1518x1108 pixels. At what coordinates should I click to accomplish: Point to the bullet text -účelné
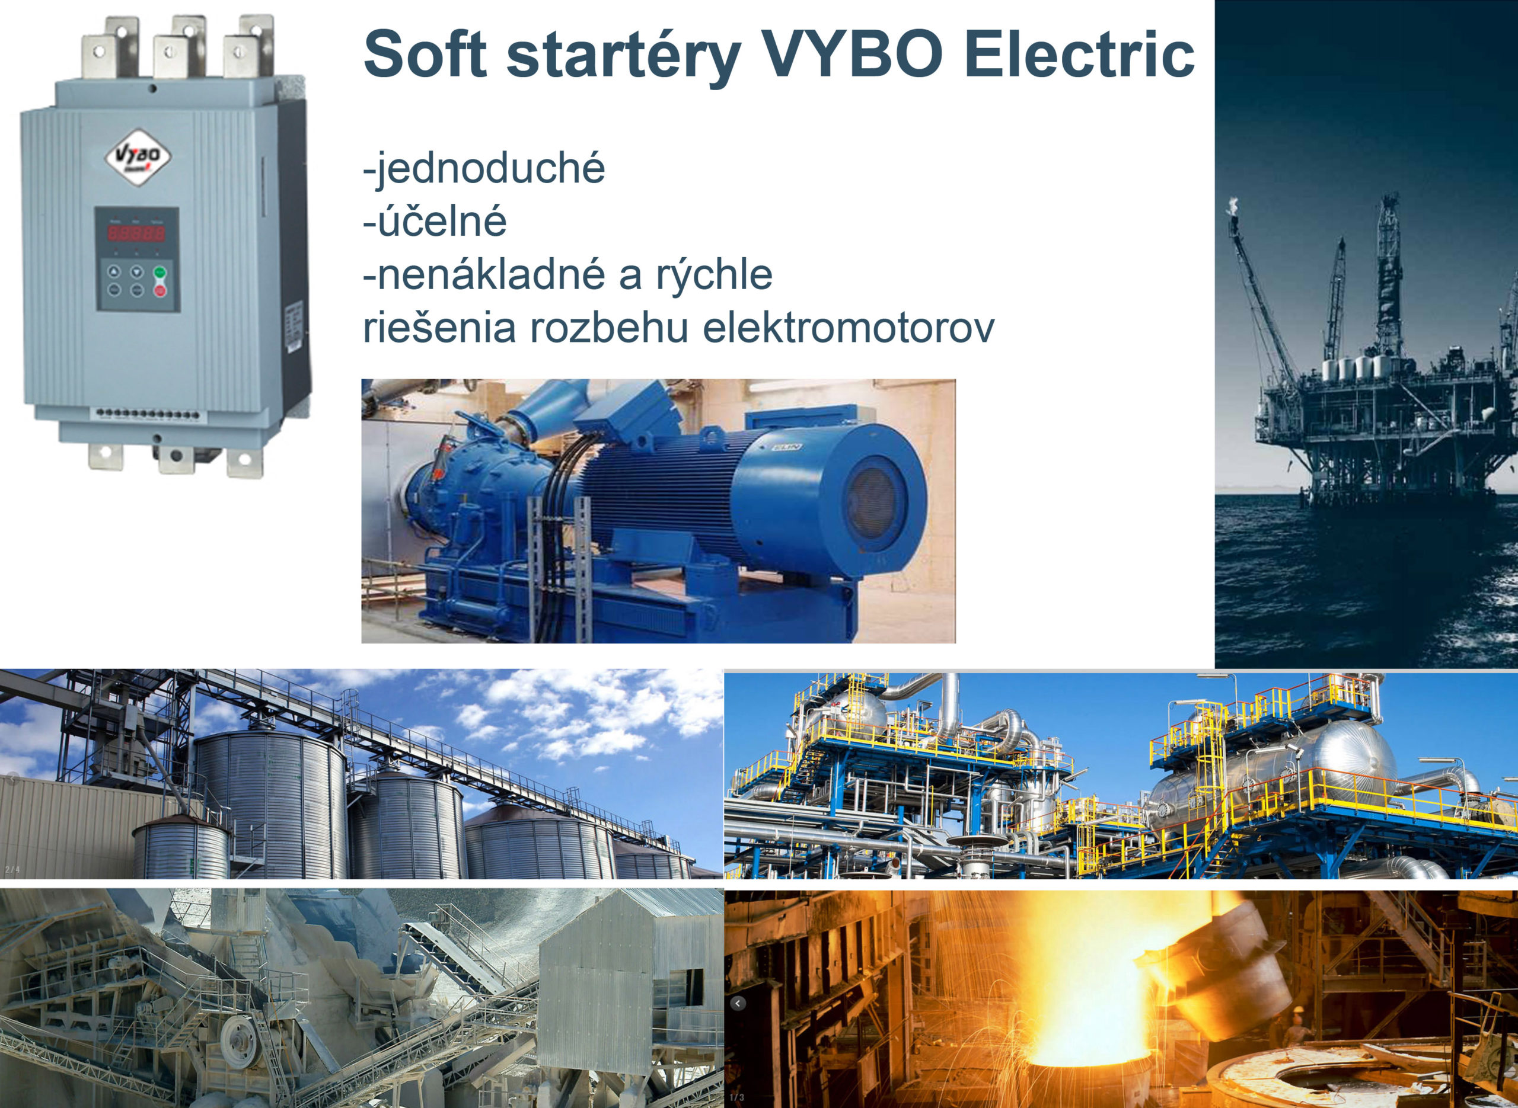(x=434, y=222)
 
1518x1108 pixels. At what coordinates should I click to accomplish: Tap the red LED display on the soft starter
(x=137, y=233)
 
